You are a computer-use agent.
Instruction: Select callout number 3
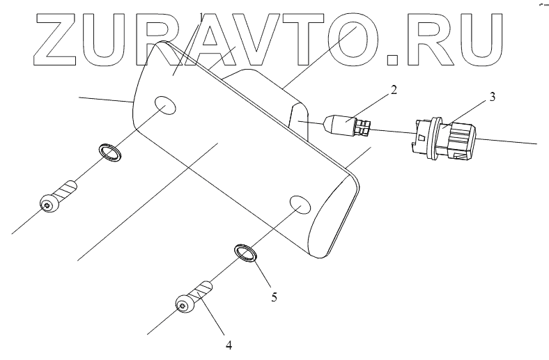pyautogui.click(x=492, y=97)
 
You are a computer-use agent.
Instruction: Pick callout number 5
pyautogui.click(x=274, y=297)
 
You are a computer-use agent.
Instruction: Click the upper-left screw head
pyautogui.click(x=48, y=204)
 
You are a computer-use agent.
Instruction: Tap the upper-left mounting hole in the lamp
pyautogui.click(x=165, y=107)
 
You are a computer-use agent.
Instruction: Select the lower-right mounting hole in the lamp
pyautogui.click(x=300, y=204)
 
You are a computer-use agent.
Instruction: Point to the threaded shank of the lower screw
pyautogui.click(x=204, y=287)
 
